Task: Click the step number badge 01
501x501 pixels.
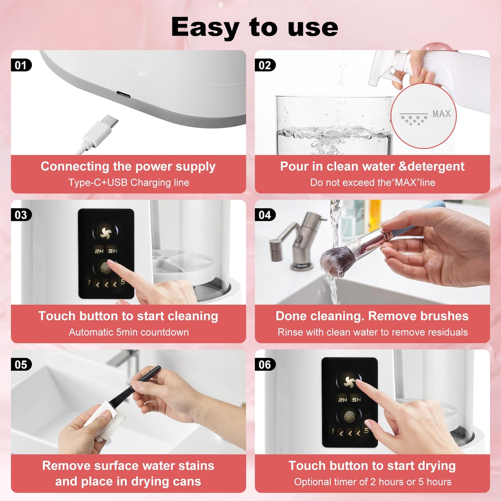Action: [21, 65]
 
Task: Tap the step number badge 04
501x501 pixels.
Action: [265, 215]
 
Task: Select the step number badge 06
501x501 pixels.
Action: [265, 365]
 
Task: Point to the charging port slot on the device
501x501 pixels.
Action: [123, 94]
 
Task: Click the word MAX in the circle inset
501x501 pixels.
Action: [441, 114]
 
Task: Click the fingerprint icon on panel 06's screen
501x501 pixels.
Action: [349, 416]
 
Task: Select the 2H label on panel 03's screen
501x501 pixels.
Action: [99, 251]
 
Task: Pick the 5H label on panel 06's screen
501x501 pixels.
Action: [356, 400]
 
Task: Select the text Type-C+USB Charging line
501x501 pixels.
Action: [129, 183]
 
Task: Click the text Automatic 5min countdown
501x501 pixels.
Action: [129, 332]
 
